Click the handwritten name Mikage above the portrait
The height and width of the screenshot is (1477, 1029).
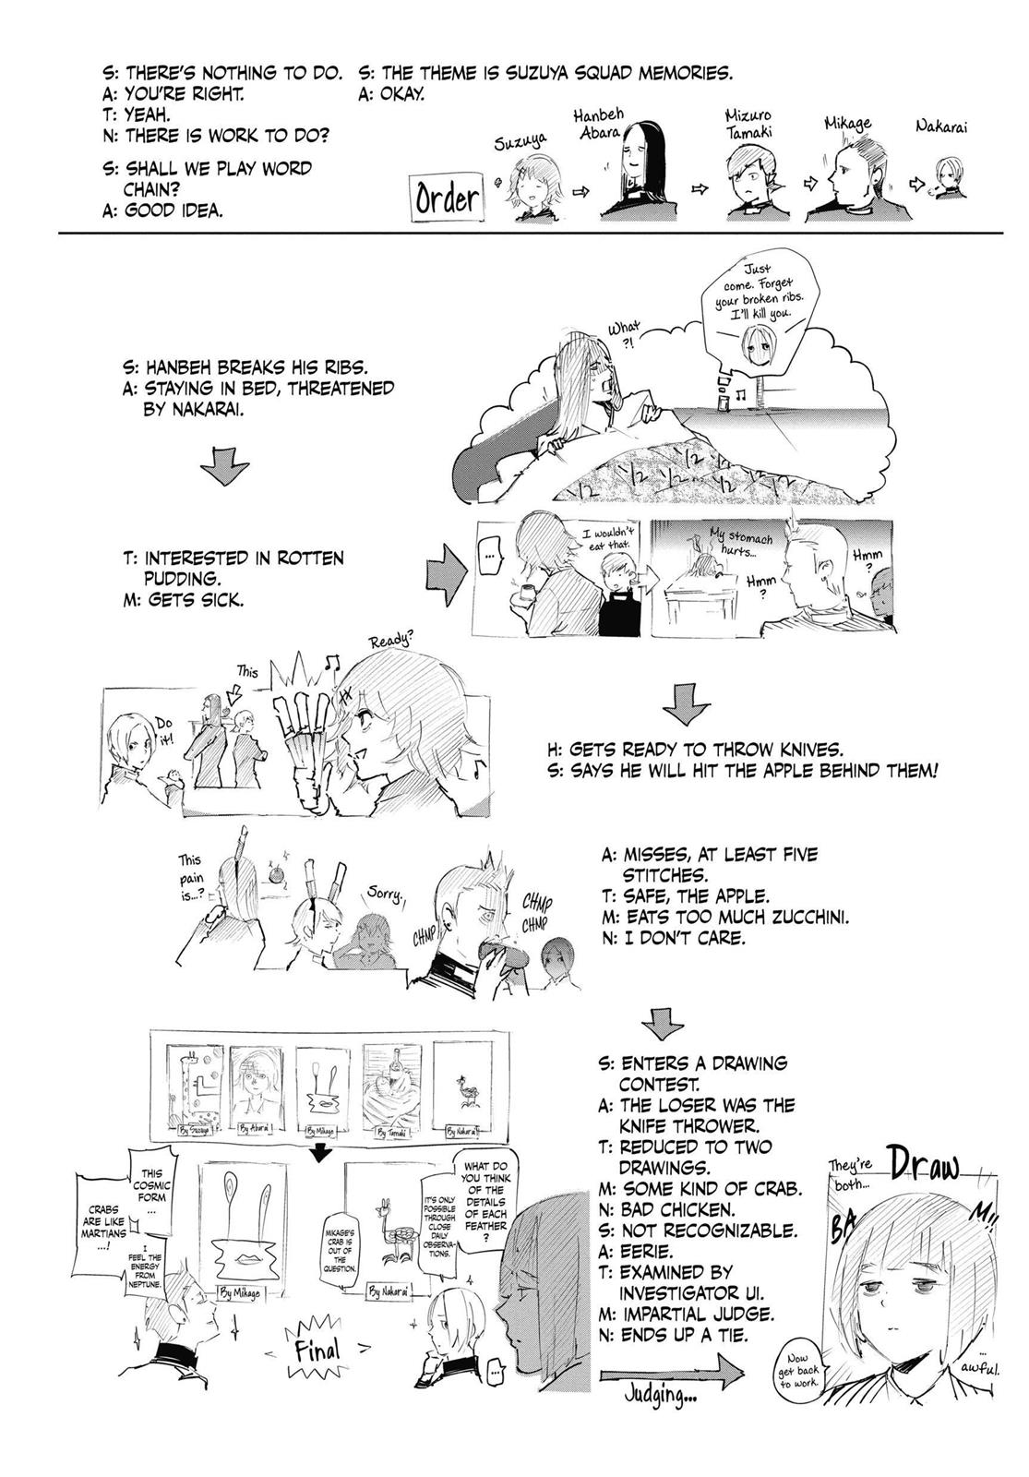tap(847, 125)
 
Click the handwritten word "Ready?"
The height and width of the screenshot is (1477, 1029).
tap(391, 641)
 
